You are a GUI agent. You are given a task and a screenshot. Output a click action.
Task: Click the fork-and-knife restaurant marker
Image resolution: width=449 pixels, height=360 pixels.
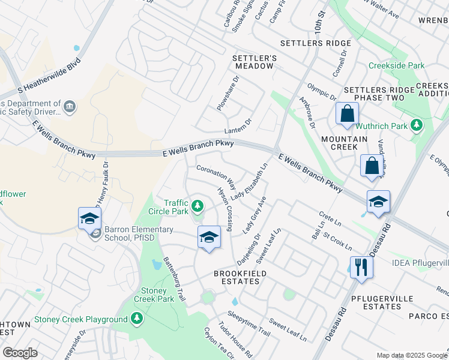361,266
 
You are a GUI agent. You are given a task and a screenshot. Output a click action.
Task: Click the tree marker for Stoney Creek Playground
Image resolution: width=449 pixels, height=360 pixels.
137,319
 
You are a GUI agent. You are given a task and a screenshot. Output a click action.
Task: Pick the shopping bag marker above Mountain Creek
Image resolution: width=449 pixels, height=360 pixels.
347,113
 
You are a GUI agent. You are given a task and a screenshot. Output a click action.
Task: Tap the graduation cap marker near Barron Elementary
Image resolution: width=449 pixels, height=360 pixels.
89,218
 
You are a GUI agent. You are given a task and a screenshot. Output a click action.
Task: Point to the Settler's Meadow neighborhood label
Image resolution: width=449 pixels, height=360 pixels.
255,61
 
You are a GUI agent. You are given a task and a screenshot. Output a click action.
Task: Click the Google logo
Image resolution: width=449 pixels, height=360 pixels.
20,353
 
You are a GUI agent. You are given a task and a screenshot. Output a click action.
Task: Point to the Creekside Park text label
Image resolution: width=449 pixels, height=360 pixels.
397,65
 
